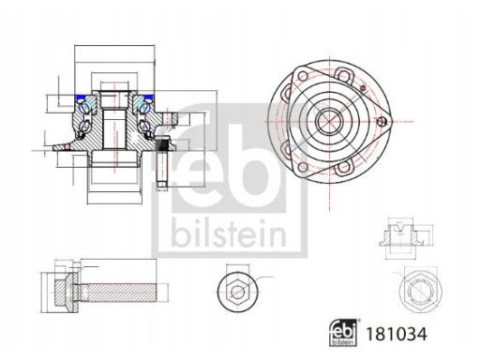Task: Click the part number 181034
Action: (x=396, y=334)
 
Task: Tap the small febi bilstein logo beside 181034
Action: (x=343, y=333)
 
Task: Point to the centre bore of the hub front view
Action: (x=329, y=121)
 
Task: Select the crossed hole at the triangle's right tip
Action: (x=382, y=121)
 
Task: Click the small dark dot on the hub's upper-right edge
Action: (x=363, y=88)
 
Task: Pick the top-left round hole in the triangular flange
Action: (x=303, y=76)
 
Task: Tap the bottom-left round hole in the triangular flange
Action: (x=303, y=167)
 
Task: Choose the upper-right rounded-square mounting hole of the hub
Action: (x=344, y=75)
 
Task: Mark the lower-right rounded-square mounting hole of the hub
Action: (x=344, y=167)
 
